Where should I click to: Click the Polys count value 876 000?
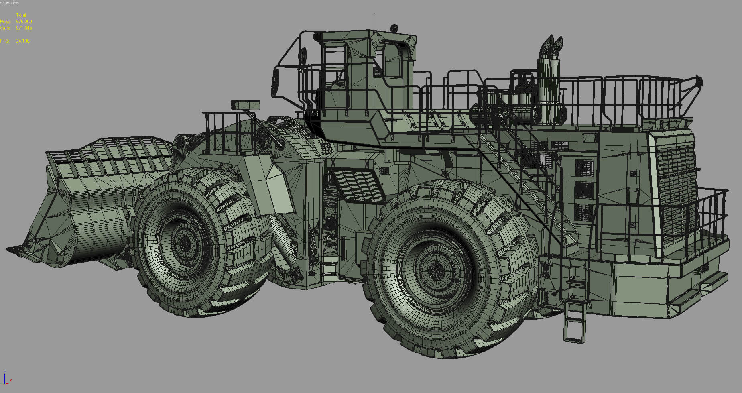(x=24, y=22)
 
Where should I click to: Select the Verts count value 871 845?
(x=24, y=28)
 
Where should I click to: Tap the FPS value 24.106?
(x=22, y=41)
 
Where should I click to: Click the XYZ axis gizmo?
(x=6, y=378)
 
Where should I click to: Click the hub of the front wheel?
(x=185, y=243)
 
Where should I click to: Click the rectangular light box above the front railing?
(x=245, y=104)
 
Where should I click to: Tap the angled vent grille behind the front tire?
(x=355, y=183)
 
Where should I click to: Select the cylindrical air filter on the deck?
(x=525, y=114)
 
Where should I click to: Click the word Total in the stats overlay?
(x=21, y=15)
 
